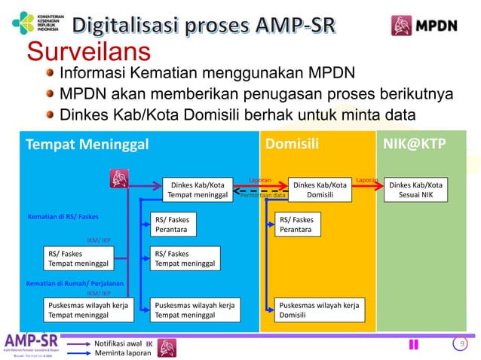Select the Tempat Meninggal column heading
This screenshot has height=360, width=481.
[87, 144]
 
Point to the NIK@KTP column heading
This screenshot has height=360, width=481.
[415, 144]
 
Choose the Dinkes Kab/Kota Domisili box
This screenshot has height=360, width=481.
[320, 190]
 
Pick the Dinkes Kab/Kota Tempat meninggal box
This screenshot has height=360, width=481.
[196, 190]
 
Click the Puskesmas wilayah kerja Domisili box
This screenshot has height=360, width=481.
[319, 310]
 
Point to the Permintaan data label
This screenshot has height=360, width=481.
[262, 196]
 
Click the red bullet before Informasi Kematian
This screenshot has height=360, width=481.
[50, 74]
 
